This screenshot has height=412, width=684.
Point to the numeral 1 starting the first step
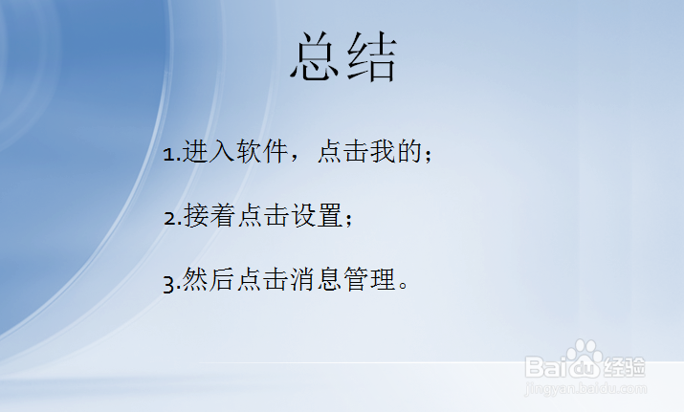click(168, 154)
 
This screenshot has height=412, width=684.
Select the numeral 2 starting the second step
click(169, 218)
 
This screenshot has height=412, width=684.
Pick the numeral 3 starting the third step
click(169, 282)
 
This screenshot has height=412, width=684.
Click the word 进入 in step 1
click(209, 153)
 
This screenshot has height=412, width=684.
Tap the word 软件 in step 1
click(262, 153)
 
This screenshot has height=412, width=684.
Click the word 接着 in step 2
click(209, 217)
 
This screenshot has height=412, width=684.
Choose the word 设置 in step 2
click(316, 217)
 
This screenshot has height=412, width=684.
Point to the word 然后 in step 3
click(209, 281)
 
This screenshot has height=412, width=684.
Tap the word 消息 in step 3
click(316, 281)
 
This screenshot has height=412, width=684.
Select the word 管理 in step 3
click(369, 281)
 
